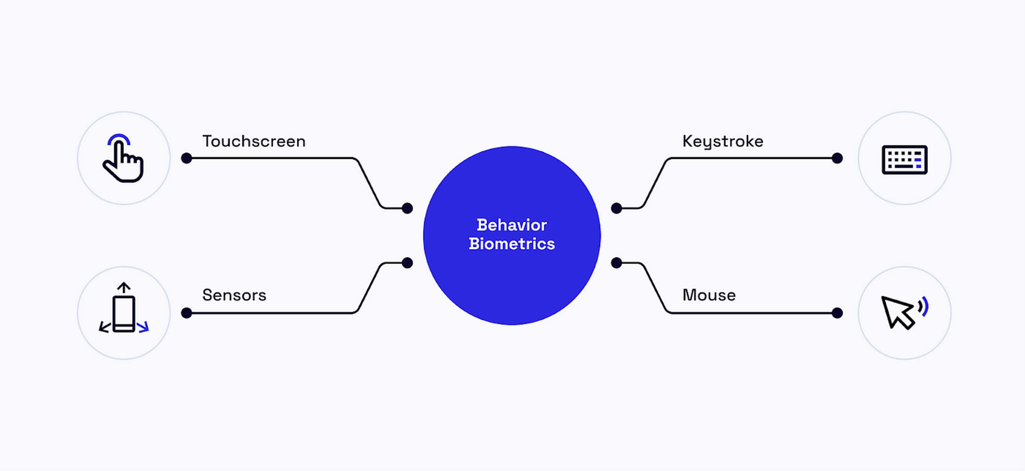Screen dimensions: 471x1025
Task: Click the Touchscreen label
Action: point(254,141)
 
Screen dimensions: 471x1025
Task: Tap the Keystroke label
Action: point(723,141)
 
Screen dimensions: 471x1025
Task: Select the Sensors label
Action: point(234,295)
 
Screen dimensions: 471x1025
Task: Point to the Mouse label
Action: point(709,295)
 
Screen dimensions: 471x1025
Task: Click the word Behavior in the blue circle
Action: point(512,225)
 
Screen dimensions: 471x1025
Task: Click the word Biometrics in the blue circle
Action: point(512,244)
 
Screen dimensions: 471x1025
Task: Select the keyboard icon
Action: point(904,160)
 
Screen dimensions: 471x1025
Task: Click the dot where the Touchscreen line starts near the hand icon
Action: point(186,158)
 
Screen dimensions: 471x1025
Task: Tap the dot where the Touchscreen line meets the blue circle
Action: point(407,208)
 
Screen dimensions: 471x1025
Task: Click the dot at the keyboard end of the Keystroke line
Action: point(837,158)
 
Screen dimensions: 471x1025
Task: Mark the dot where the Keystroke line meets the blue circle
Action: point(616,208)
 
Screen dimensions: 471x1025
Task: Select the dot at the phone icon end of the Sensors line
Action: point(186,313)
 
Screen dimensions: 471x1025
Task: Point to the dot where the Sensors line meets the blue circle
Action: point(407,263)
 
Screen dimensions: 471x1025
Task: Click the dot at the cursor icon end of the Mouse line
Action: point(837,313)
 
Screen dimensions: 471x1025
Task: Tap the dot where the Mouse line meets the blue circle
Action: point(616,263)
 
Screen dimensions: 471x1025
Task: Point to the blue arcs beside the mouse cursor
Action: point(924,307)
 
